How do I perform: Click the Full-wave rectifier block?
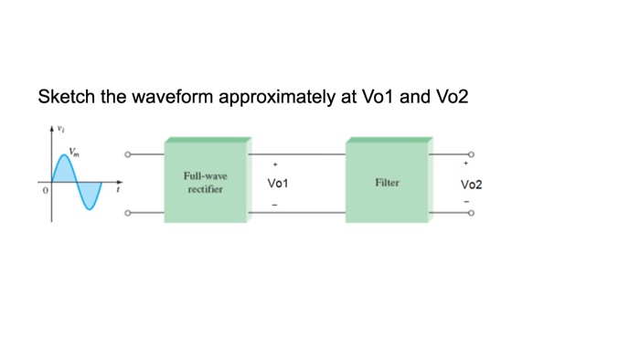[x=206, y=181]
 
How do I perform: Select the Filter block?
[x=387, y=182]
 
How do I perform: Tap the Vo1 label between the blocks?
[x=278, y=184]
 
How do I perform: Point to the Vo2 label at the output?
[x=472, y=184]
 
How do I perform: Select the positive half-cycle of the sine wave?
[x=65, y=170]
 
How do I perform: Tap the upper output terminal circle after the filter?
[x=472, y=154]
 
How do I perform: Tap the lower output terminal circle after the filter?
[x=472, y=215]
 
